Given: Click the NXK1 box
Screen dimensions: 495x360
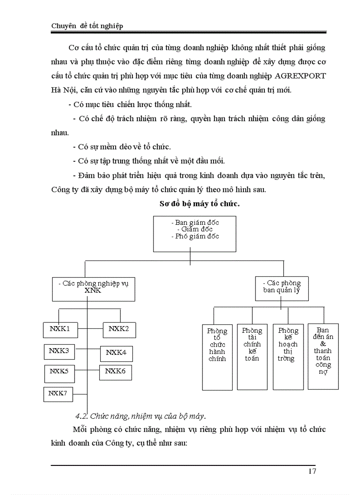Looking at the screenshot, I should (60, 329).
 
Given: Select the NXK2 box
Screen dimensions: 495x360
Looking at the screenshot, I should (119, 329).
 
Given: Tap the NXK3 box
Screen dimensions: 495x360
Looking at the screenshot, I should (59, 351).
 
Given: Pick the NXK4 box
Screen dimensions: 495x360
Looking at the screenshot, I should (116, 353).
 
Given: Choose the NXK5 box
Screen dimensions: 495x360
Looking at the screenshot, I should (59, 372).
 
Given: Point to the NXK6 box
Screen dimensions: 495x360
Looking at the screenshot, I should (115, 372).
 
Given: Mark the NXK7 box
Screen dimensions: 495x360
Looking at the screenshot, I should (58, 394).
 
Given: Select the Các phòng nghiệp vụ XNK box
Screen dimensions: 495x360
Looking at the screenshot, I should (93, 287).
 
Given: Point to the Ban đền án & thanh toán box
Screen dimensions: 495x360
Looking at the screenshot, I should (323, 356).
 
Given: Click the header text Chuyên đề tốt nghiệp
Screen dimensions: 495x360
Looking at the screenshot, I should (87, 26).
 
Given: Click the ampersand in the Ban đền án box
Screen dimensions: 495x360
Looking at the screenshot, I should (323, 344).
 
